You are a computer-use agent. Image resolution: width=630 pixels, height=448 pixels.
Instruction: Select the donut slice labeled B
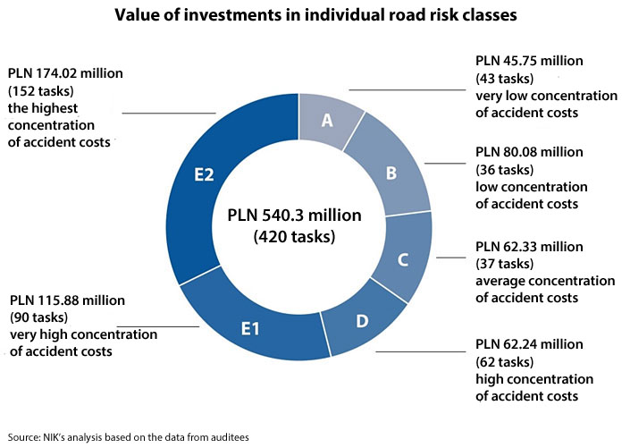click(x=391, y=173)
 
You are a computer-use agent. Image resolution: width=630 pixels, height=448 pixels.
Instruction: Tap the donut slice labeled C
click(x=402, y=260)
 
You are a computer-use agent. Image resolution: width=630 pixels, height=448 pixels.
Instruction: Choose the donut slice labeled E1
click(x=251, y=328)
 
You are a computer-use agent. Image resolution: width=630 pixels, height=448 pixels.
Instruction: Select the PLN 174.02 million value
click(x=66, y=72)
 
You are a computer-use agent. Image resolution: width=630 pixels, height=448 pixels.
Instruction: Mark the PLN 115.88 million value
click(x=67, y=300)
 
